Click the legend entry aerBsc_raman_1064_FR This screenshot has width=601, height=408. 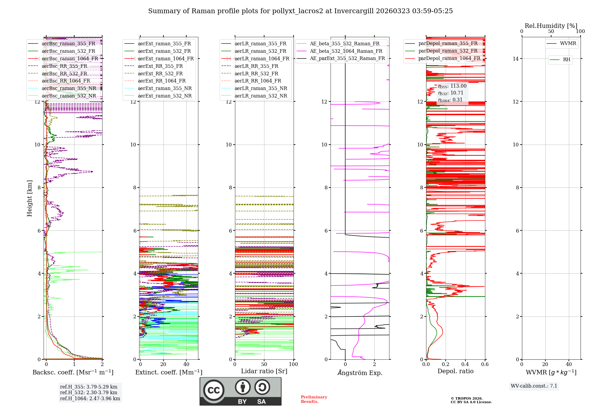(x=70, y=59)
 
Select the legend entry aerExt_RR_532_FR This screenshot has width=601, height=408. (x=160, y=73)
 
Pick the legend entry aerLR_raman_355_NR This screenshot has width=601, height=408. (x=261, y=88)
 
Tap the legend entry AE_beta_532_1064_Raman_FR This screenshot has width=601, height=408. (x=346, y=51)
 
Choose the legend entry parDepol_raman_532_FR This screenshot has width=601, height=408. (x=448, y=51)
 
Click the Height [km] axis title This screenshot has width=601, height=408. (x=29, y=198)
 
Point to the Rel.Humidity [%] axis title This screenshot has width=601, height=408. (x=551, y=26)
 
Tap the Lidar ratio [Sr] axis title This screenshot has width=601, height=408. (x=264, y=371)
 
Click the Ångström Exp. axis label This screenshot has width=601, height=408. (x=360, y=373)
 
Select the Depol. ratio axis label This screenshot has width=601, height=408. (x=455, y=371)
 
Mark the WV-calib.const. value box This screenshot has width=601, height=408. (x=534, y=386)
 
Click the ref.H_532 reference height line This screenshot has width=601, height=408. (x=89, y=392)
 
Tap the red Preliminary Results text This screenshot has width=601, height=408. (x=314, y=399)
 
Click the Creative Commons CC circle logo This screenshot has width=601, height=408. (x=214, y=390)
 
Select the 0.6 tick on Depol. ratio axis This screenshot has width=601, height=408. (x=485, y=364)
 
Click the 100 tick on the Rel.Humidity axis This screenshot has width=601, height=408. (x=580, y=31)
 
